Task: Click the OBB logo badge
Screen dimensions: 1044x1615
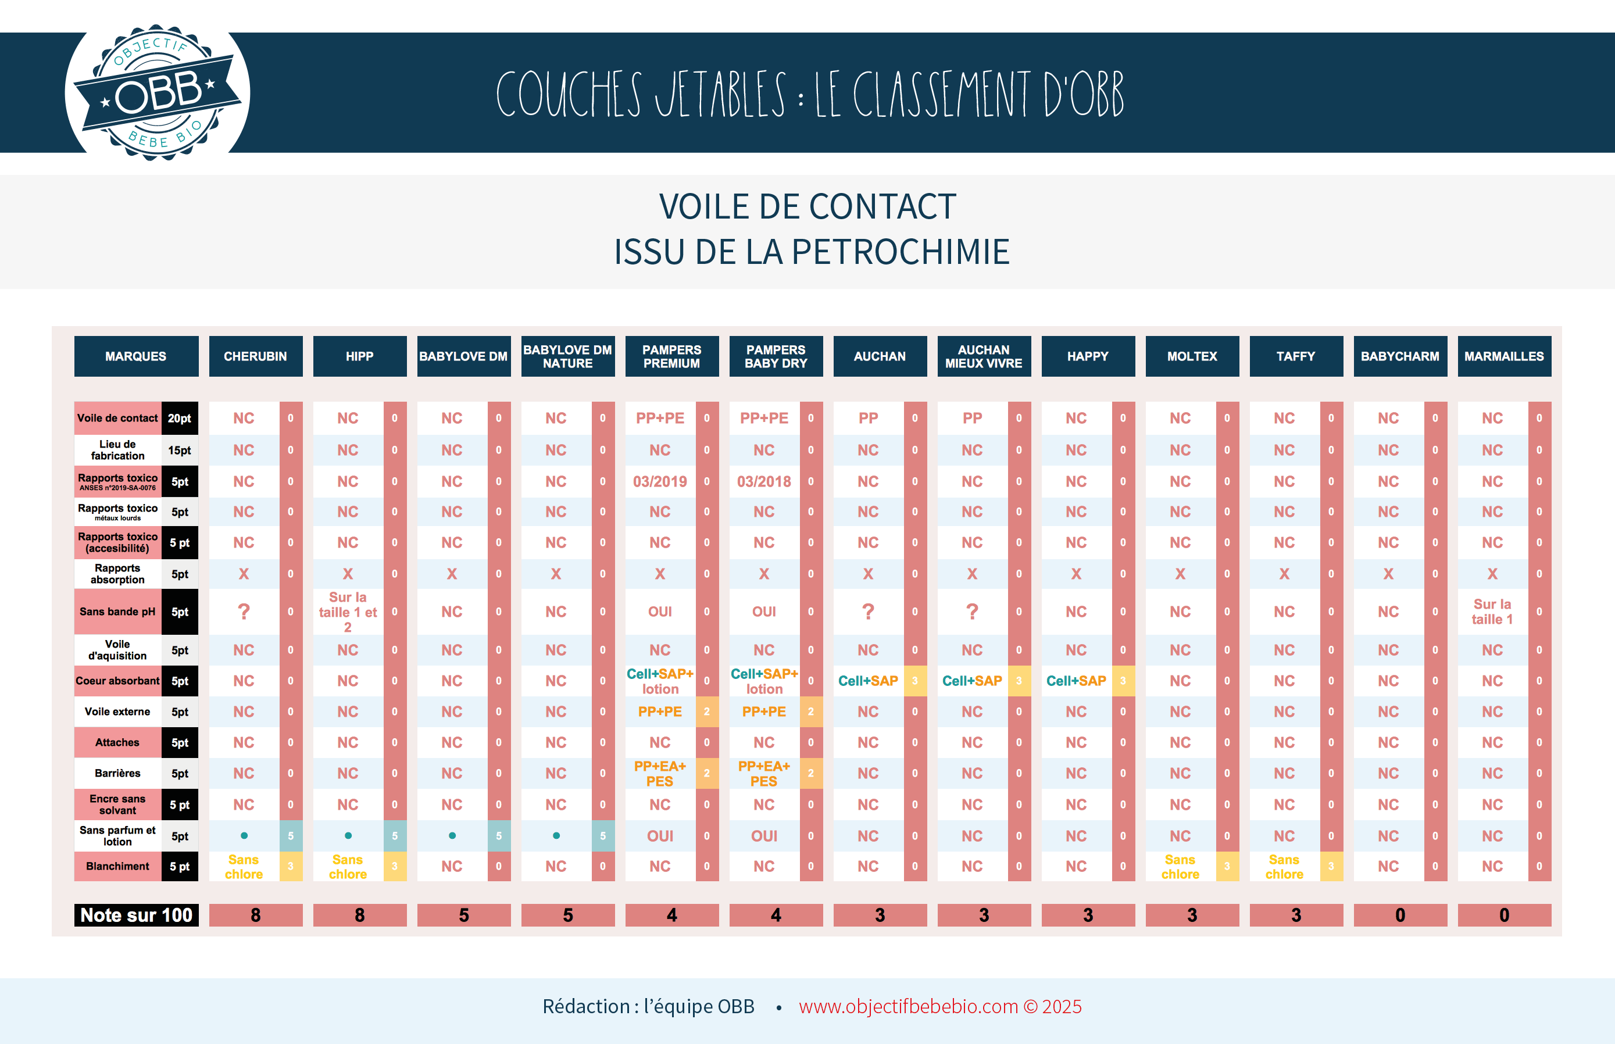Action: pyautogui.click(x=158, y=93)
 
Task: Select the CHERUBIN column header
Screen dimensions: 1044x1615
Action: pyautogui.click(x=256, y=356)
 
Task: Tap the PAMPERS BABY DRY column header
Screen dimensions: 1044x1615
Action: pyautogui.click(x=776, y=356)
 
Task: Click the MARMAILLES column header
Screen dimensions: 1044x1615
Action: pyautogui.click(x=1504, y=356)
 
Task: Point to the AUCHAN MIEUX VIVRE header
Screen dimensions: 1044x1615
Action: pyautogui.click(x=984, y=356)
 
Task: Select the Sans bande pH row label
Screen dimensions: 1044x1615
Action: pyautogui.click(x=117, y=612)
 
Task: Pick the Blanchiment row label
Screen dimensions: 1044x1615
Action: pyautogui.click(x=117, y=866)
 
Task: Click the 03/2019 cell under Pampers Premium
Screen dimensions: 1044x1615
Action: pyautogui.click(x=660, y=482)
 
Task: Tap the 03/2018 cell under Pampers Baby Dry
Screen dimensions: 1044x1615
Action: pyautogui.click(x=764, y=482)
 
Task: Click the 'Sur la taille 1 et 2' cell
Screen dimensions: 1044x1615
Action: pyautogui.click(x=348, y=612)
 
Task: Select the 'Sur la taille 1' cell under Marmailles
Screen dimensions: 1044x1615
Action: pyautogui.click(x=1492, y=612)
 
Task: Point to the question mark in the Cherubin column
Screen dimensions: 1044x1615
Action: pyautogui.click(x=244, y=612)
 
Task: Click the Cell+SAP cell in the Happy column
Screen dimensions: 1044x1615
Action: pyautogui.click(x=1076, y=681)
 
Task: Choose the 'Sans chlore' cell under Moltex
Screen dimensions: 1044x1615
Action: pyautogui.click(x=1180, y=866)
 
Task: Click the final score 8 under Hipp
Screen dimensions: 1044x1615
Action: pyautogui.click(x=359, y=915)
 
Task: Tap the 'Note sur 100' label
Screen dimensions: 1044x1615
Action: pyautogui.click(x=136, y=915)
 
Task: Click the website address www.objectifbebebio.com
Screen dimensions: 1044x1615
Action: pyautogui.click(x=909, y=1007)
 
